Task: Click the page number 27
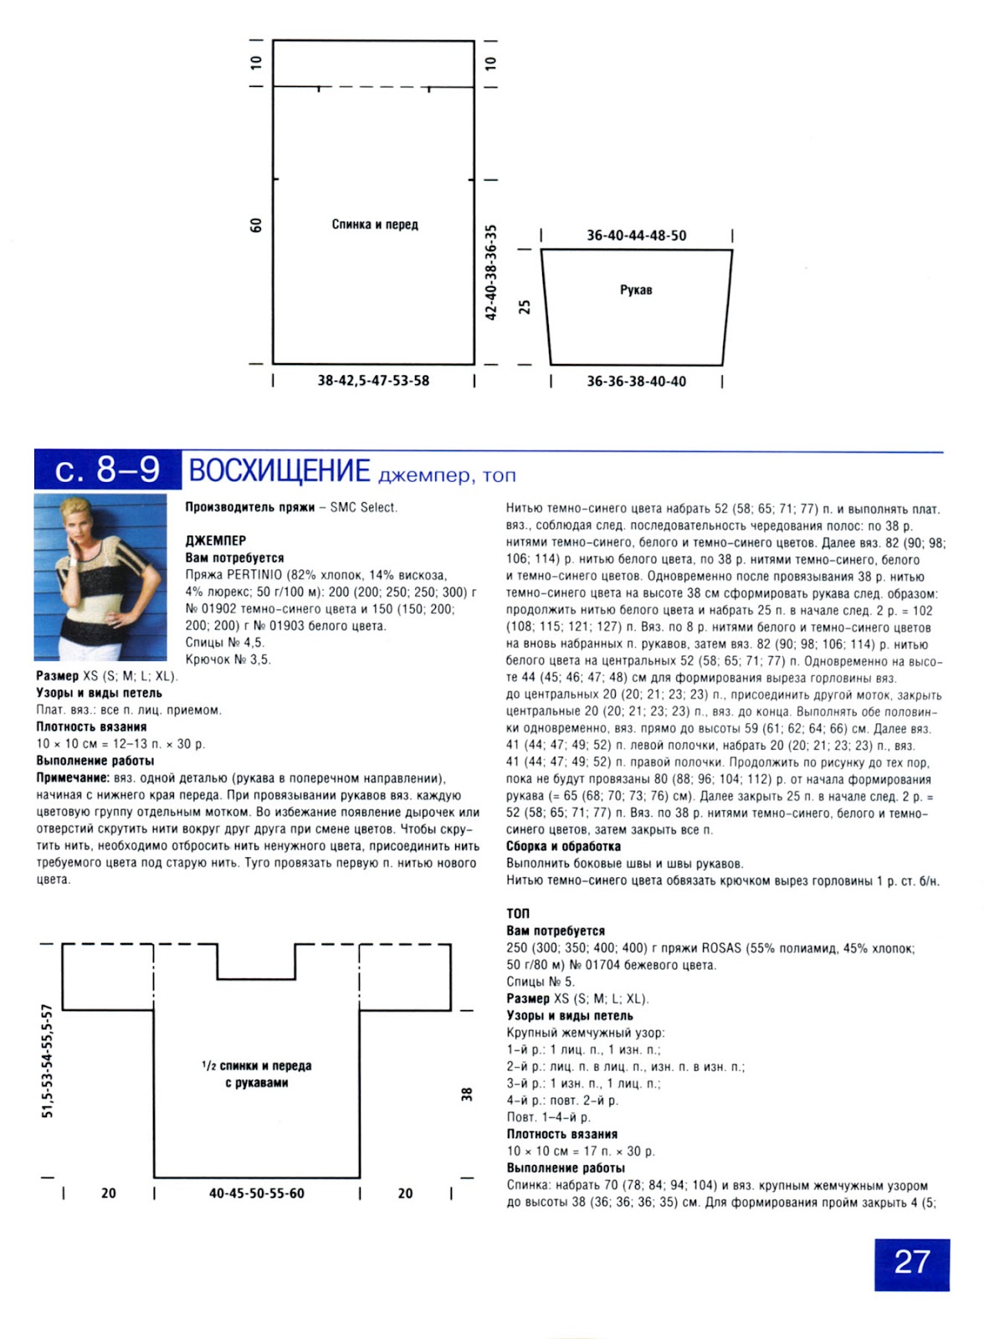pyautogui.click(x=911, y=1263)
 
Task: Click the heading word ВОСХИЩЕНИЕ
pyautogui.click(x=279, y=471)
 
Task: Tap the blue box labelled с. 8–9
pyautogui.click(x=107, y=470)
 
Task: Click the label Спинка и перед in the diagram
pyautogui.click(x=375, y=224)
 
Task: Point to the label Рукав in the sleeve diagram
pyautogui.click(x=636, y=290)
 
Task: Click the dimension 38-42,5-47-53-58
pyautogui.click(x=373, y=381)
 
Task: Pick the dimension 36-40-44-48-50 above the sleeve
pyautogui.click(x=636, y=236)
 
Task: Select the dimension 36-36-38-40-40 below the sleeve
pyautogui.click(x=636, y=382)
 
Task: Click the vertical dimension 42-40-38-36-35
pyautogui.click(x=491, y=272)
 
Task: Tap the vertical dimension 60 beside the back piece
pyautogui.click(x=256, y=225)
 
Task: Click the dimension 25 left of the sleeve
pyautogui.click(x=525, y=307)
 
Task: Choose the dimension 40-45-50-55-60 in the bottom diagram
pyautogui.click(x=257, y=1193)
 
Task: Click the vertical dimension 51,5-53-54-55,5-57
pyautogui.click(x=48, y=1061)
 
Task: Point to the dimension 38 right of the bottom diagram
pyautogui.click(x=467, y=1094)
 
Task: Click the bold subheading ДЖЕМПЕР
pyautogui.click(x=216, y=541)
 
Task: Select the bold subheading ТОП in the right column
pyautogui.click(x=518, y=913)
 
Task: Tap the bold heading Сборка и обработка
pyautogui.click(x=563, y=846)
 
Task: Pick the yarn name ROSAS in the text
pyautogui.click(x=721, y=948)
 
